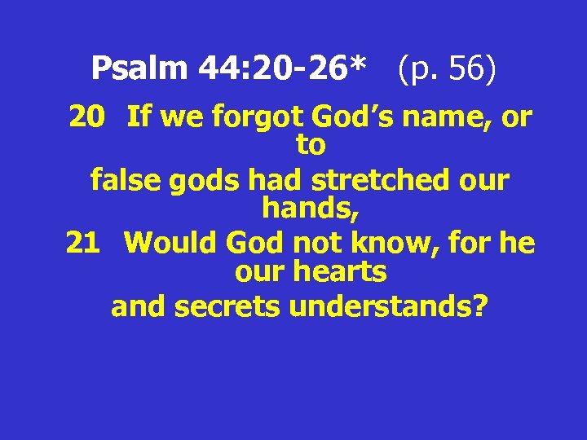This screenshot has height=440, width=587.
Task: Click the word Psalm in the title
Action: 140,68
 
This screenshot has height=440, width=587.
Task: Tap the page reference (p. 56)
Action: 446,68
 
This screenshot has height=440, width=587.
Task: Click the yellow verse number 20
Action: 86,118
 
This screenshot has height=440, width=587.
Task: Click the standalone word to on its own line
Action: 311,147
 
